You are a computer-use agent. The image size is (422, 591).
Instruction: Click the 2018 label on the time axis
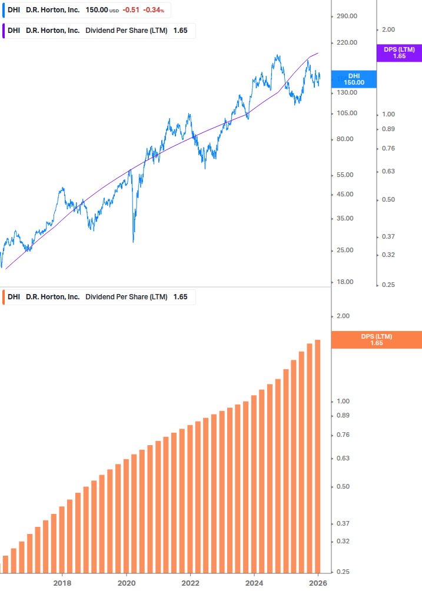(62, 583)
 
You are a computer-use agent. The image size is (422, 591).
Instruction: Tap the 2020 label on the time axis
(127, 583)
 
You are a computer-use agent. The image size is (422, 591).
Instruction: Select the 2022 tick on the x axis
(190, 583)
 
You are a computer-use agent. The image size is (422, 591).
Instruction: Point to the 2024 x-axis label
(254, 583)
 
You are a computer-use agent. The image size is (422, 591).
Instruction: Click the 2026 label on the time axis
(318, 583)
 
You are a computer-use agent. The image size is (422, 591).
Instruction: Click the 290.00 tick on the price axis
(347, 16)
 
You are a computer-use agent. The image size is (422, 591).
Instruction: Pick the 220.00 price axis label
(347, 42)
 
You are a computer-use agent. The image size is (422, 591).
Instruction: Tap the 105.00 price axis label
(347, 113)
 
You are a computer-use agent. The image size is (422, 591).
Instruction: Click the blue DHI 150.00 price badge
(354, 79)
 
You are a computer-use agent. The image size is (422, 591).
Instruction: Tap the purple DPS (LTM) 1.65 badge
(399, 53)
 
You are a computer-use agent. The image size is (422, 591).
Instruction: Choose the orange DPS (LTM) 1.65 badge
(377, 339)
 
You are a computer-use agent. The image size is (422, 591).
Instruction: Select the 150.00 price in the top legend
(97, 11)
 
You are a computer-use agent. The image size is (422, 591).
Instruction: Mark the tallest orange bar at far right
(318, 456)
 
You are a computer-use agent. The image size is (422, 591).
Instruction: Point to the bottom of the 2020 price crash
(134, 242)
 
